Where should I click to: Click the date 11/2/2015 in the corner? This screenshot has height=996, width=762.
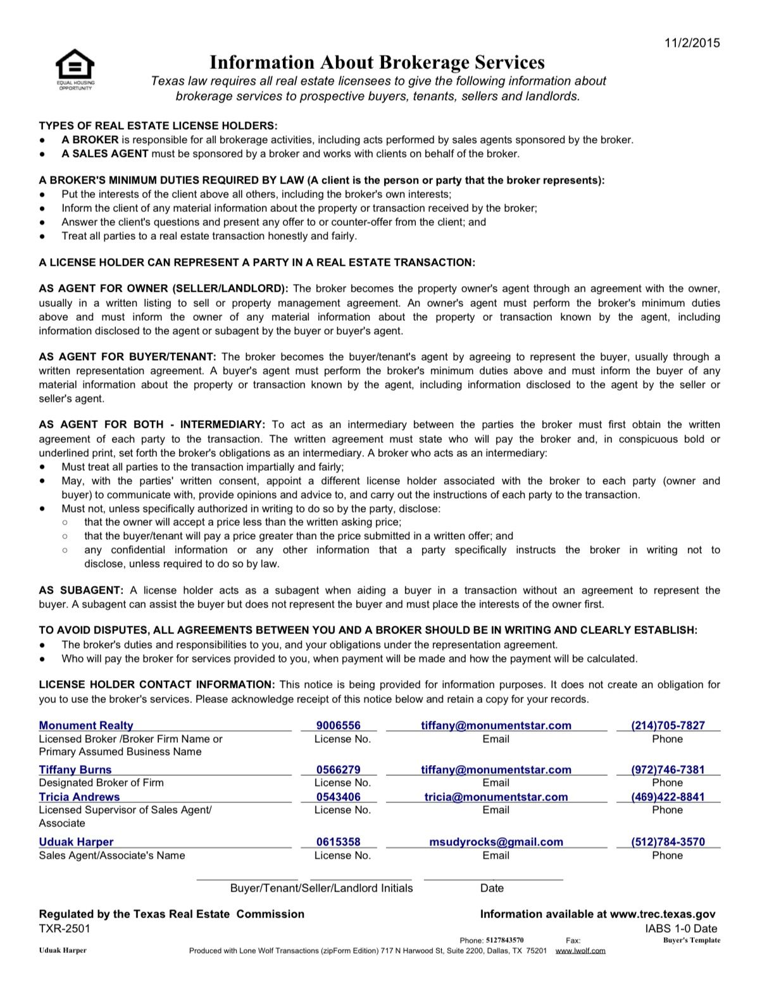692,43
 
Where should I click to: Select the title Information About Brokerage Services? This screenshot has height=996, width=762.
377,62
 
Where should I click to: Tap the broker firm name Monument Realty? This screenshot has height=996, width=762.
86,726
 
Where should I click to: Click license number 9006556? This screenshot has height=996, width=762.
339,726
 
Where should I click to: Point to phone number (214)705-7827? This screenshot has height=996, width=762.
668,726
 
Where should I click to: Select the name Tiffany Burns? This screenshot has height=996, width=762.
75,769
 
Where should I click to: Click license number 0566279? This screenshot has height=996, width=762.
339,769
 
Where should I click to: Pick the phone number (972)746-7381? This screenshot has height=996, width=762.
668,769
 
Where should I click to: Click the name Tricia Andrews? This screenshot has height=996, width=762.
79,797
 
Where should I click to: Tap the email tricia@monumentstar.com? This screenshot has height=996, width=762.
496,797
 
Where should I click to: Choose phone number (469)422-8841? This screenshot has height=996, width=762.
668,797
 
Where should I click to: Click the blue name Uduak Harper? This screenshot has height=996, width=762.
76,842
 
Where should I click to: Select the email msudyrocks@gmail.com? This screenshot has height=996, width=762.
496,842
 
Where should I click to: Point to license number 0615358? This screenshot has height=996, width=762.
339,842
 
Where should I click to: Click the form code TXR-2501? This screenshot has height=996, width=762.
65,928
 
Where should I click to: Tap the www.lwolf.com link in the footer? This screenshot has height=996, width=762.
580,950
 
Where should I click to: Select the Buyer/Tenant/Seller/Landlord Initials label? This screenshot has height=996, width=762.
322,888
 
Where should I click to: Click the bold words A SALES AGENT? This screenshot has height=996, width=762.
105,154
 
